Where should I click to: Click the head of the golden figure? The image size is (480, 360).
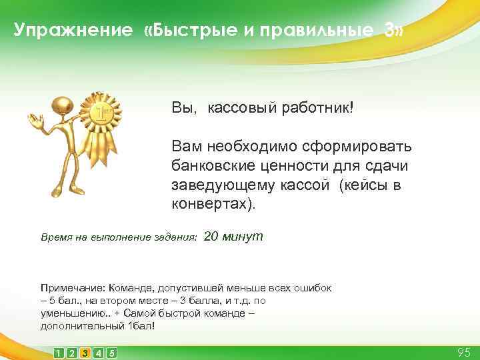point(65,105)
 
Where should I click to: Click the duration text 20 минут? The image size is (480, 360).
point(233,236)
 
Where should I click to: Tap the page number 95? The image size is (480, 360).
point(464,351)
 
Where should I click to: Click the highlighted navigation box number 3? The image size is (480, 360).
point(85,352)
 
